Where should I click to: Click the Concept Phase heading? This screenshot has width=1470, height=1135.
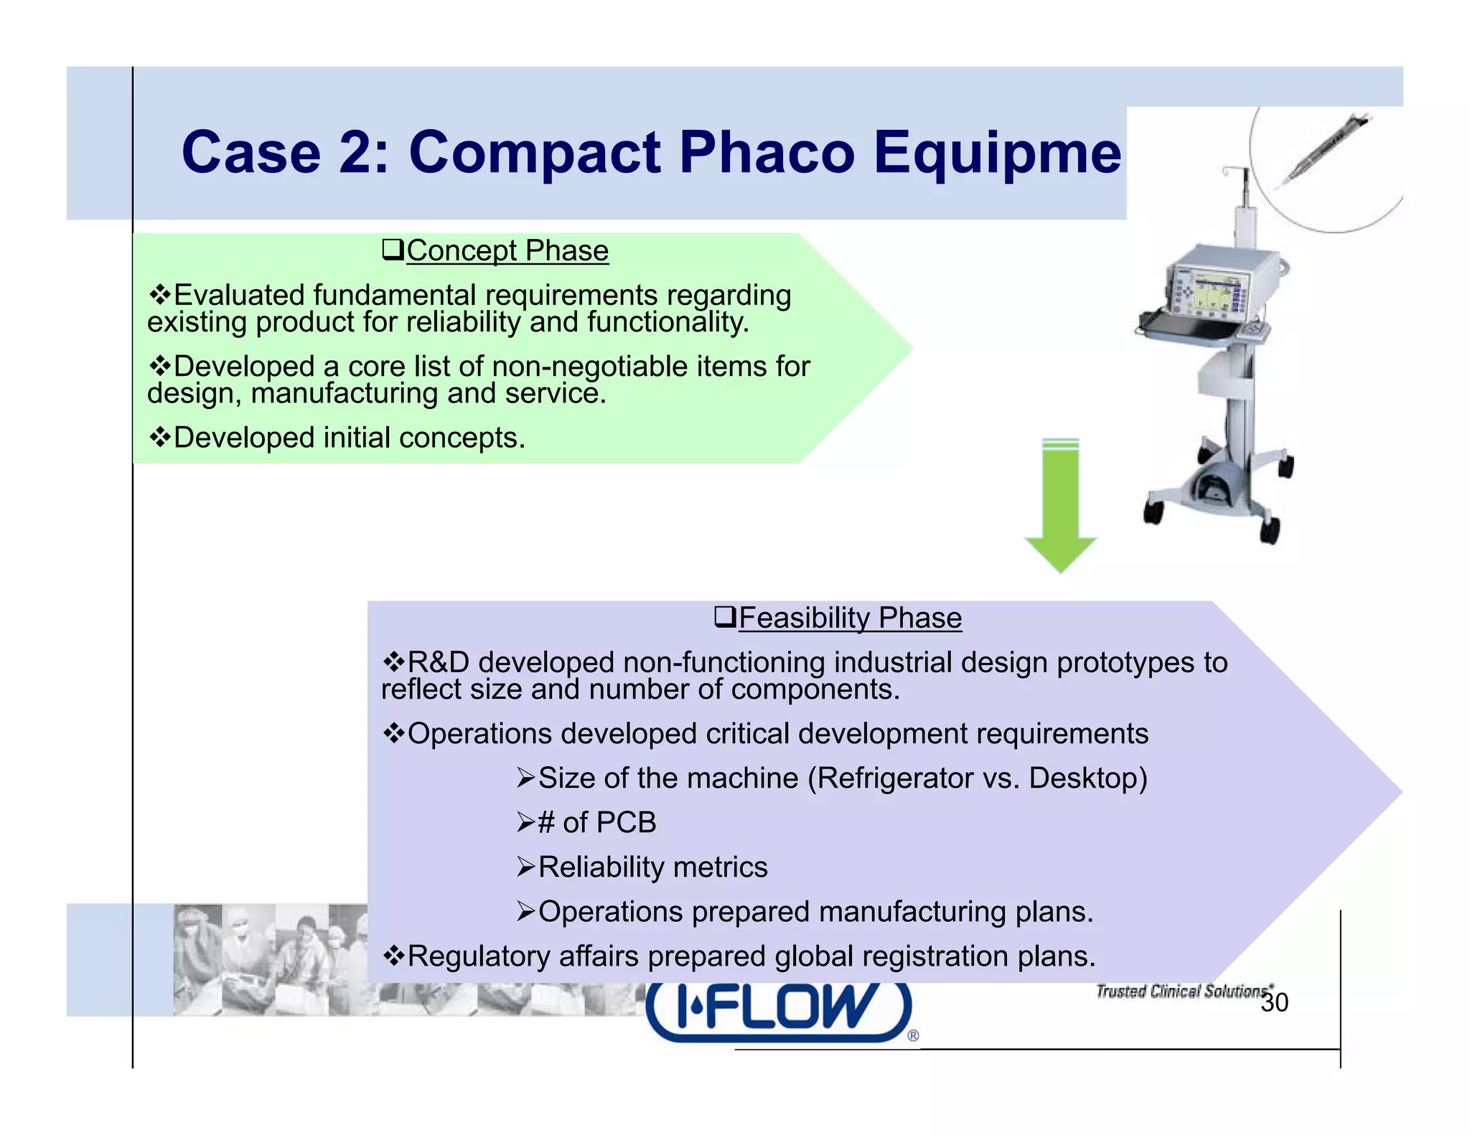tap(507, 251)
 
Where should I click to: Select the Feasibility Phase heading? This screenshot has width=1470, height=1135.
tap(850, 618)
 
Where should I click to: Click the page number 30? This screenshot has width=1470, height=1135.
tap(1274, 1002)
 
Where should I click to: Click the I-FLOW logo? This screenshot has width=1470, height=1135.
tap(780, 1008)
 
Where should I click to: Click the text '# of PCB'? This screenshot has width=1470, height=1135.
tap(596, 822)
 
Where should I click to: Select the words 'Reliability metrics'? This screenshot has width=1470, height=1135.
tap(652, 867)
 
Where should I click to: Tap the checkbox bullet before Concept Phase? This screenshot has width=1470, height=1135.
tap(393, 251)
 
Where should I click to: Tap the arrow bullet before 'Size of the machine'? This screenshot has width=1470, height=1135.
tap(526, 778)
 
